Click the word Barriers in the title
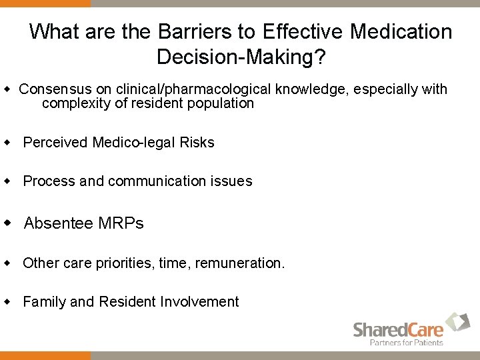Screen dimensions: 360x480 click(x=194, y=31)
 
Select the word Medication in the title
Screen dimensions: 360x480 click(x=401, y=31)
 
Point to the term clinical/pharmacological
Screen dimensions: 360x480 click(x=194, y=89)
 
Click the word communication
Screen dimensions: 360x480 click(x=157, y=181)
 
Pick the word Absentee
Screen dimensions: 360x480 click(x=59, y=223)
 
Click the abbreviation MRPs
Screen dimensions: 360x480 click(x=121, y=223)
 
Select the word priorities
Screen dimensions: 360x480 click(x=125, y=263)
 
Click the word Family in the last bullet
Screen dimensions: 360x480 click(x=44, y=302)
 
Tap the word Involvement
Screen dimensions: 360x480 click(x=199, y=302)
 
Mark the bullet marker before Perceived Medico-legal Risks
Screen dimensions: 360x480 click(x=8, y=142)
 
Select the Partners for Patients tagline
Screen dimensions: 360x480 click(x=407, y=343)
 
